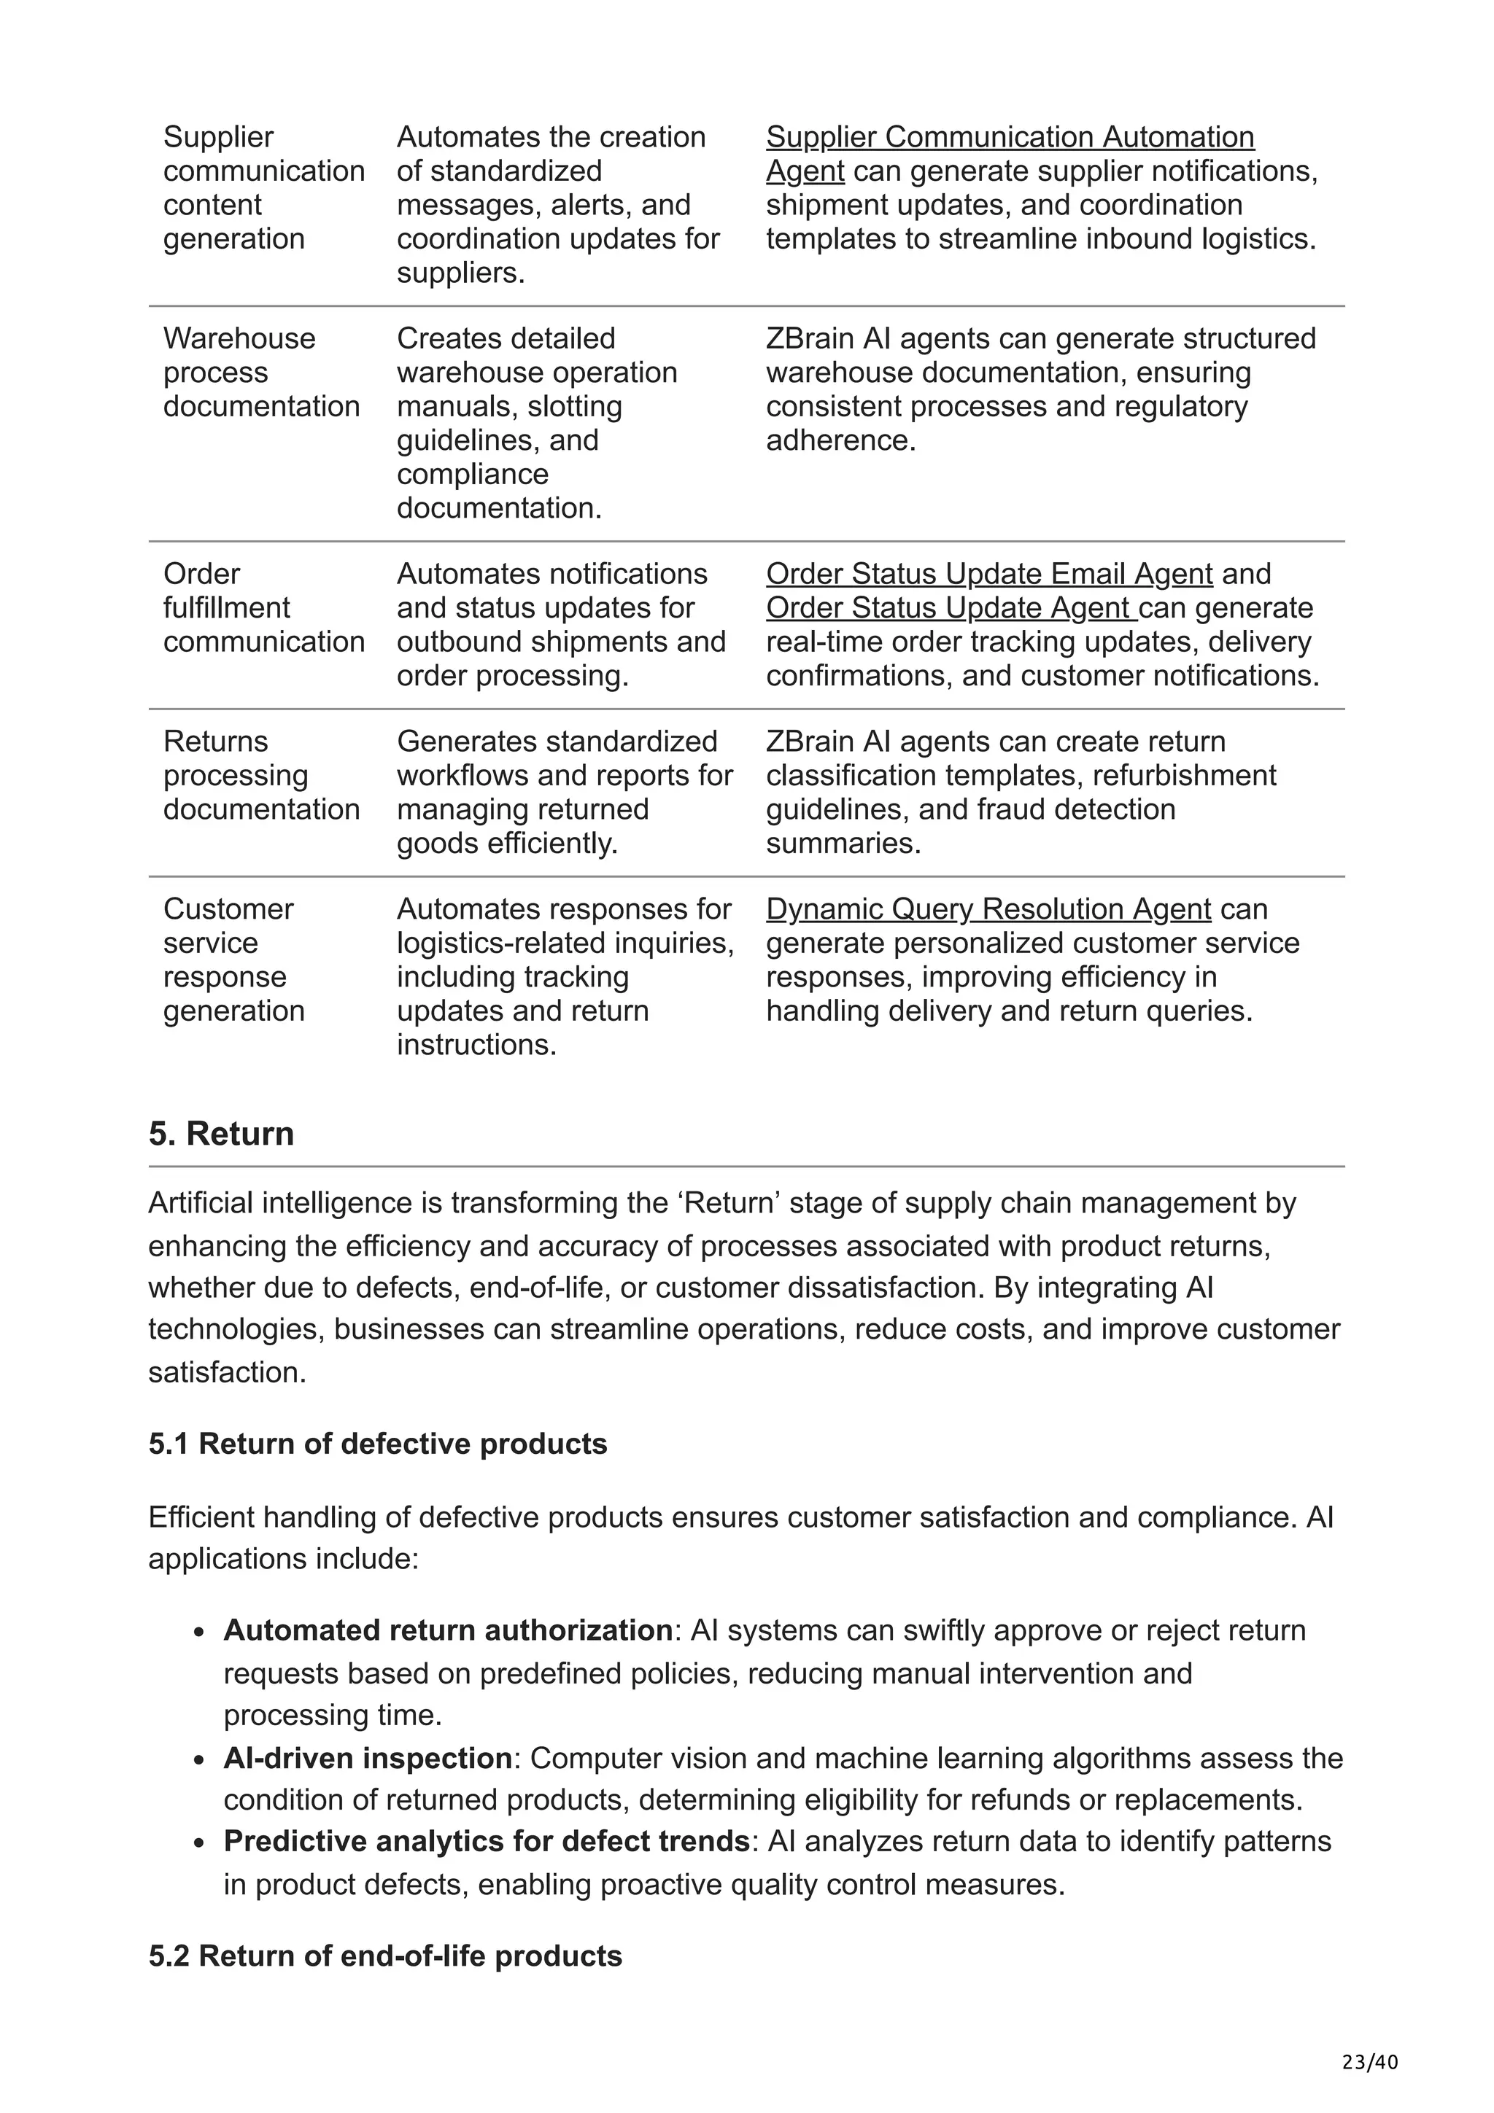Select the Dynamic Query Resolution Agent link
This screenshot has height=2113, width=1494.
988,909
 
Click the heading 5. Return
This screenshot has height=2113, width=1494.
221,1134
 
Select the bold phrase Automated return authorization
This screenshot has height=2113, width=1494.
447,1631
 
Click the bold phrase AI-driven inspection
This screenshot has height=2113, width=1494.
367,1759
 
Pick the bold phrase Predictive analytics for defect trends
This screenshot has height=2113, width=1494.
486,1842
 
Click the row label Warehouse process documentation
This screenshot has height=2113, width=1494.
260,373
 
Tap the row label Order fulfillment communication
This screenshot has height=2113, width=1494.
263,608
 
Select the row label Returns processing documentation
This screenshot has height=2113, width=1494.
260,776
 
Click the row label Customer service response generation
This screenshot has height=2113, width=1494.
234,960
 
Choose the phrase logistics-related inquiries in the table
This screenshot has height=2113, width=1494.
565,943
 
